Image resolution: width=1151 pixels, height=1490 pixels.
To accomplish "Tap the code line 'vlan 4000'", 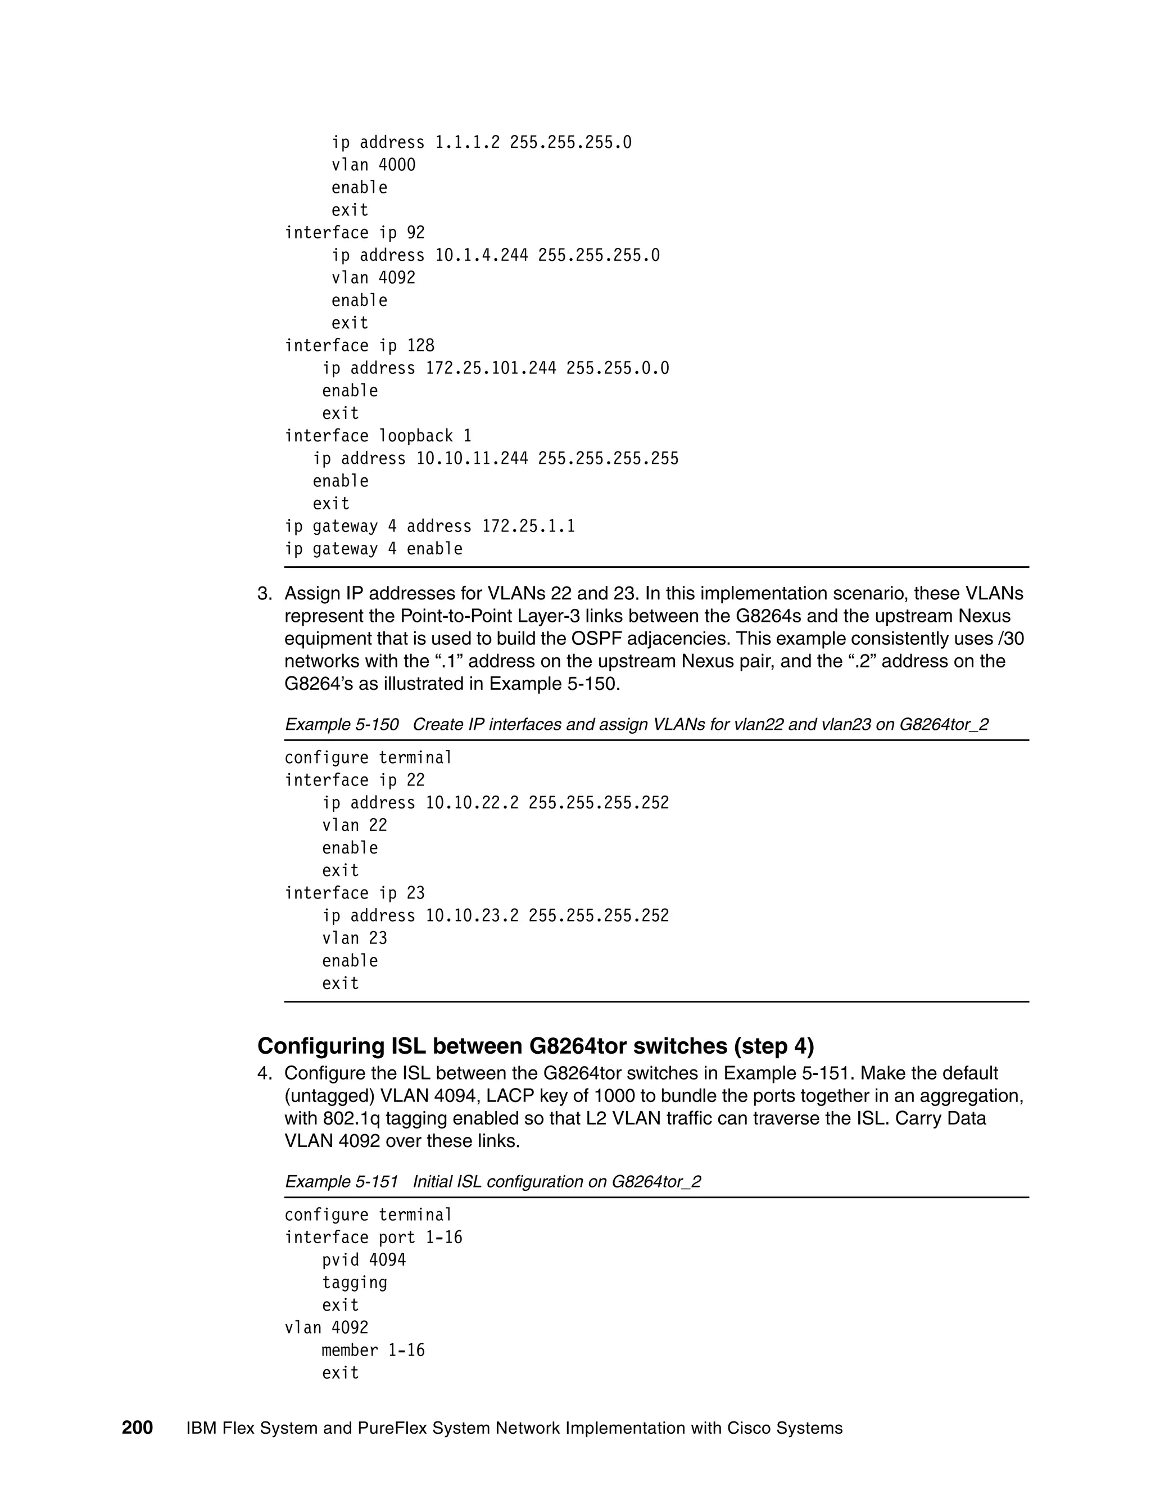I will click(373, 165).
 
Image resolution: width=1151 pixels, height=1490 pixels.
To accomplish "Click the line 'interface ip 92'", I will click(355, 233).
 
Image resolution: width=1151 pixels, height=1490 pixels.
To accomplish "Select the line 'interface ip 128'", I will click(359, 345).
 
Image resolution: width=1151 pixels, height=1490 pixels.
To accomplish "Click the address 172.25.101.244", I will click(491, 368).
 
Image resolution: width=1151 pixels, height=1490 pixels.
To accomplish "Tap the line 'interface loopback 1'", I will click(378, 436).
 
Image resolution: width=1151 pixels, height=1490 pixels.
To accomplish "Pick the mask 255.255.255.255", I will click(608, 458).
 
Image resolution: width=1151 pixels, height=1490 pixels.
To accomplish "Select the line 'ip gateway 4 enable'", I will click(373, 549).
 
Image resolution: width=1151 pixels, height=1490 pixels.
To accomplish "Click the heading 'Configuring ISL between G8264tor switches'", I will click(535, 1046).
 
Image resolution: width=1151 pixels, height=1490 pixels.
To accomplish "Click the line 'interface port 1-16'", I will click(373, 1238).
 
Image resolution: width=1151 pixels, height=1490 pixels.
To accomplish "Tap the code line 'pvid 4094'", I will click(364, 1260).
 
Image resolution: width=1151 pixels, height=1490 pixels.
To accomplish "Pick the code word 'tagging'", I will click(355, 1283).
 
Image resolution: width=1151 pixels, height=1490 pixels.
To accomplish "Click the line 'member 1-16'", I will click(373, 1350).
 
